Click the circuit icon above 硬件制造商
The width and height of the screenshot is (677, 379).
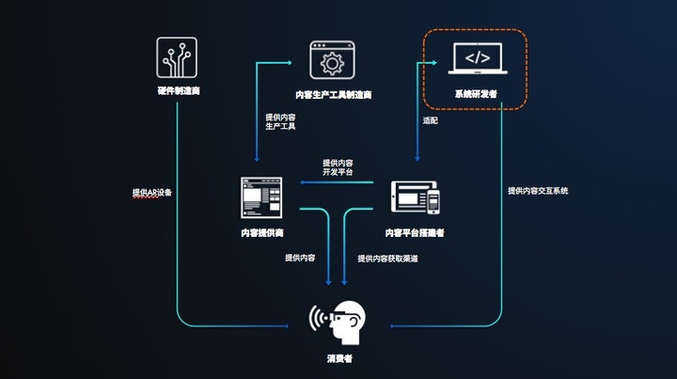(x=176, y=58)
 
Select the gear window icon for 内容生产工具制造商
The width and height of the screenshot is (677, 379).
(x=330, y=62)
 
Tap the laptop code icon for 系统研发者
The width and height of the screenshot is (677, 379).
(x=477, y=58)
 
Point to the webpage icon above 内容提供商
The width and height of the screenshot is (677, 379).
(x=261, y=197)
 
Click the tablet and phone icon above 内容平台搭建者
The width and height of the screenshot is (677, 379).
(x=415, y=197)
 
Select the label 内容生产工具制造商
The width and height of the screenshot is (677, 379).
(x=331, y=95)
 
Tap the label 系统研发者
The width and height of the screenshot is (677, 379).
(x=476, y=94)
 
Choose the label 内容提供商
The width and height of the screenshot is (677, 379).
(x=261, y=231)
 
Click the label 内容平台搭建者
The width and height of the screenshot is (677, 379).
(x=415, y=232)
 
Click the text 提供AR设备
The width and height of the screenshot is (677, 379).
(x=152, y=192)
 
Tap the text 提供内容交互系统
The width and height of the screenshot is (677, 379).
(x=538, y=190)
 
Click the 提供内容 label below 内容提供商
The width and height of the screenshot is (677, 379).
(x=299, y=258)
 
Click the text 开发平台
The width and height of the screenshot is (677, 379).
(x=337, y=172)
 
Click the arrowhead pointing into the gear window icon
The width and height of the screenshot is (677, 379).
(x=306, y=62)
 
